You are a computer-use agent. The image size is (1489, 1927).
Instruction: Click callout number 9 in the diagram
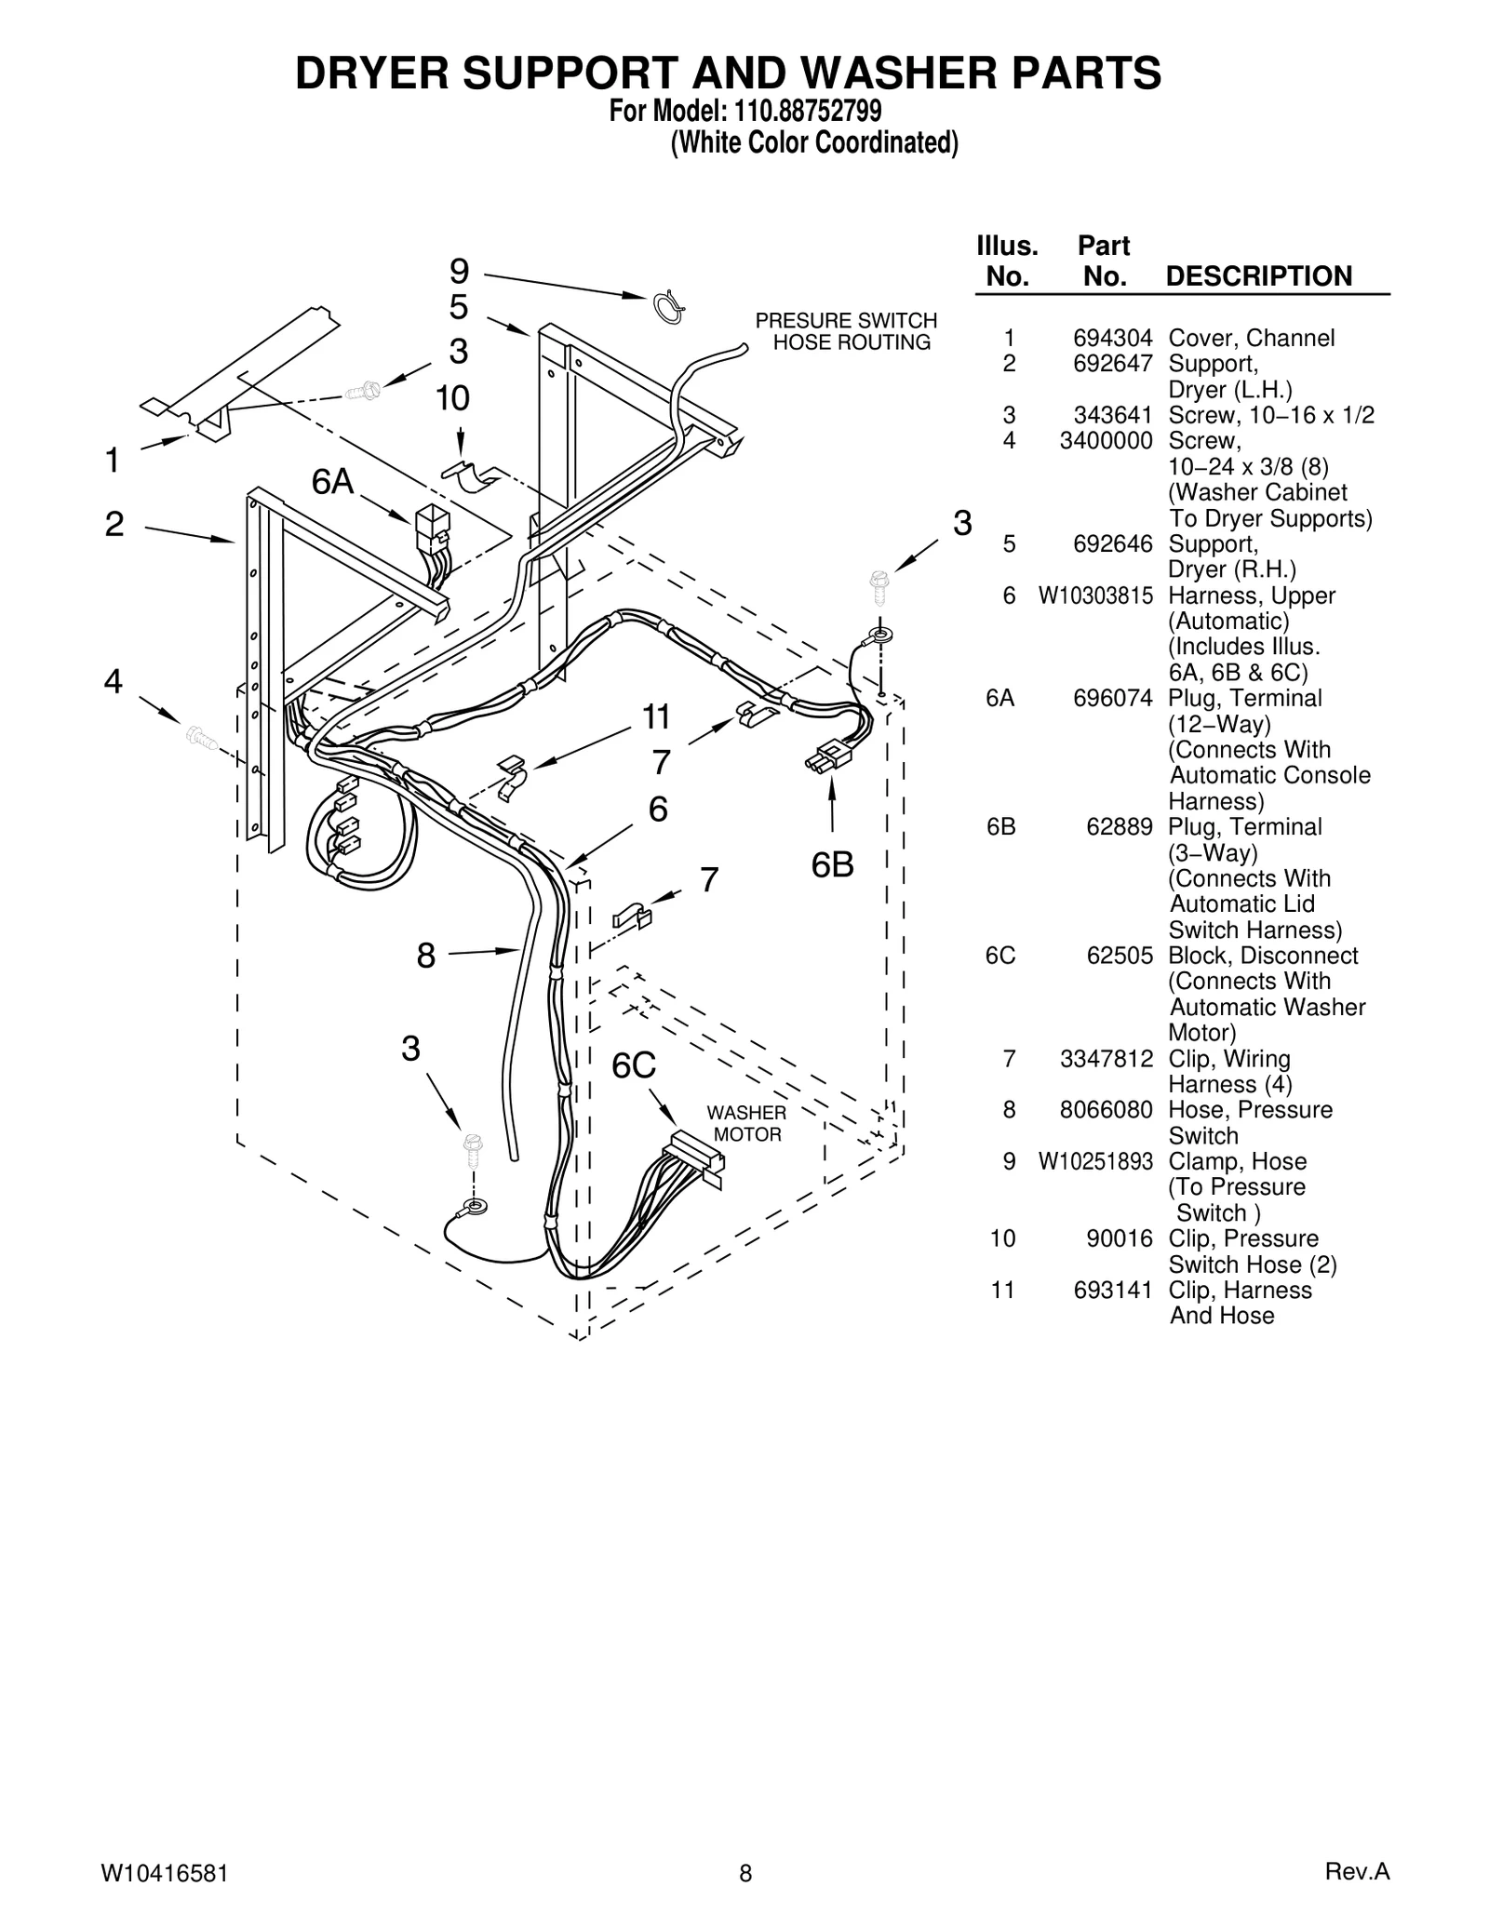click(x=460, y=272)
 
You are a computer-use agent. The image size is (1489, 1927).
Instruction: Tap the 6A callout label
click(x=332, y=482)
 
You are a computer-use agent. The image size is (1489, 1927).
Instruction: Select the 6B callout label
click(x=832, y=865)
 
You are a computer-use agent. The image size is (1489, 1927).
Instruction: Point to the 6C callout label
click(x=634, y=1066)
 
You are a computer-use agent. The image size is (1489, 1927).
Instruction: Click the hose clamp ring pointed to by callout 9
click(x=668, y=307)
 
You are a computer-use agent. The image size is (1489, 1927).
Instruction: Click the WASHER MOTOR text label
click(x=746, y=1124)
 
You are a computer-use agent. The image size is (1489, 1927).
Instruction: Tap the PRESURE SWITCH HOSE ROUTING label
click(x=846, y=331)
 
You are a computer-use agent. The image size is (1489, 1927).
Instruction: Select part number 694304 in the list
click(x=1112, y=338)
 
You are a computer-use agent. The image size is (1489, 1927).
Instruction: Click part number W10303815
click(x=1095, y=595)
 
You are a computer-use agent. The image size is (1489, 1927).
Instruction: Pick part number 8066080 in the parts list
click(x=1106, y=1110)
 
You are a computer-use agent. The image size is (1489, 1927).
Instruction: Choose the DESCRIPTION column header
click(x=1258, y=276)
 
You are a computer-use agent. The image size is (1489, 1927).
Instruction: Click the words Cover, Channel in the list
click(x=1251, y=338)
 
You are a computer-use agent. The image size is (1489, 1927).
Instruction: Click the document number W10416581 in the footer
click(x=164, y=1873)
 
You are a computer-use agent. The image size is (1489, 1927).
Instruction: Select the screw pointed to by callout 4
click(x=201, y=738)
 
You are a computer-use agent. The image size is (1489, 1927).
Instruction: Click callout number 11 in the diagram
click(x=656, y=717)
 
